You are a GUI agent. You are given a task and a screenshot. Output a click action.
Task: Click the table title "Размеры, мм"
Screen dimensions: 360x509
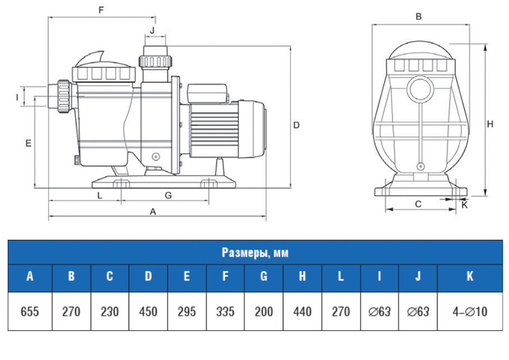coord(255,253)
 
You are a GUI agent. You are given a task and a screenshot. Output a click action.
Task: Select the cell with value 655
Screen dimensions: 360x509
coord(30,312)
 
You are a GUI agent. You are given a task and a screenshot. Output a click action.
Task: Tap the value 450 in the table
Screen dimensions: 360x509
coord(148,312)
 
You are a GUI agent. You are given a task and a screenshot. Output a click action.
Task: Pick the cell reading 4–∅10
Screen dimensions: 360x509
coord(470,312)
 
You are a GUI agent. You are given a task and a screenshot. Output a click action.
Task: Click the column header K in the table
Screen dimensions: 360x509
coord(470,277)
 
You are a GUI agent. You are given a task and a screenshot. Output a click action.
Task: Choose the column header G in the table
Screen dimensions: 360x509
coord(264,277)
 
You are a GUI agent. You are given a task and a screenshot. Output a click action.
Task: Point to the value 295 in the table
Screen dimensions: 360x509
coord(186,312)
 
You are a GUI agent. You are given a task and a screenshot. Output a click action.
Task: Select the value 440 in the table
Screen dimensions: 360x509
coord(302,312)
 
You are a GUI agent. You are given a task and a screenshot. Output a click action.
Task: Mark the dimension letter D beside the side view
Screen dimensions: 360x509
coord(297,125)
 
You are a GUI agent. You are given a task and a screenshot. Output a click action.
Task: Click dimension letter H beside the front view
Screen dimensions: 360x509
coord(490,124)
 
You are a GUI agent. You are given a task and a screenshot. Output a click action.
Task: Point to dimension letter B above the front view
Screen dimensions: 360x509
coord(419,17)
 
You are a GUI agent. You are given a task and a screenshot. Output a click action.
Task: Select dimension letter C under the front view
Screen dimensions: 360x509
coord(418,204)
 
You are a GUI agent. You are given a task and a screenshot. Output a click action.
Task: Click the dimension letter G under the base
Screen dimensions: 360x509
coord(168,196)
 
